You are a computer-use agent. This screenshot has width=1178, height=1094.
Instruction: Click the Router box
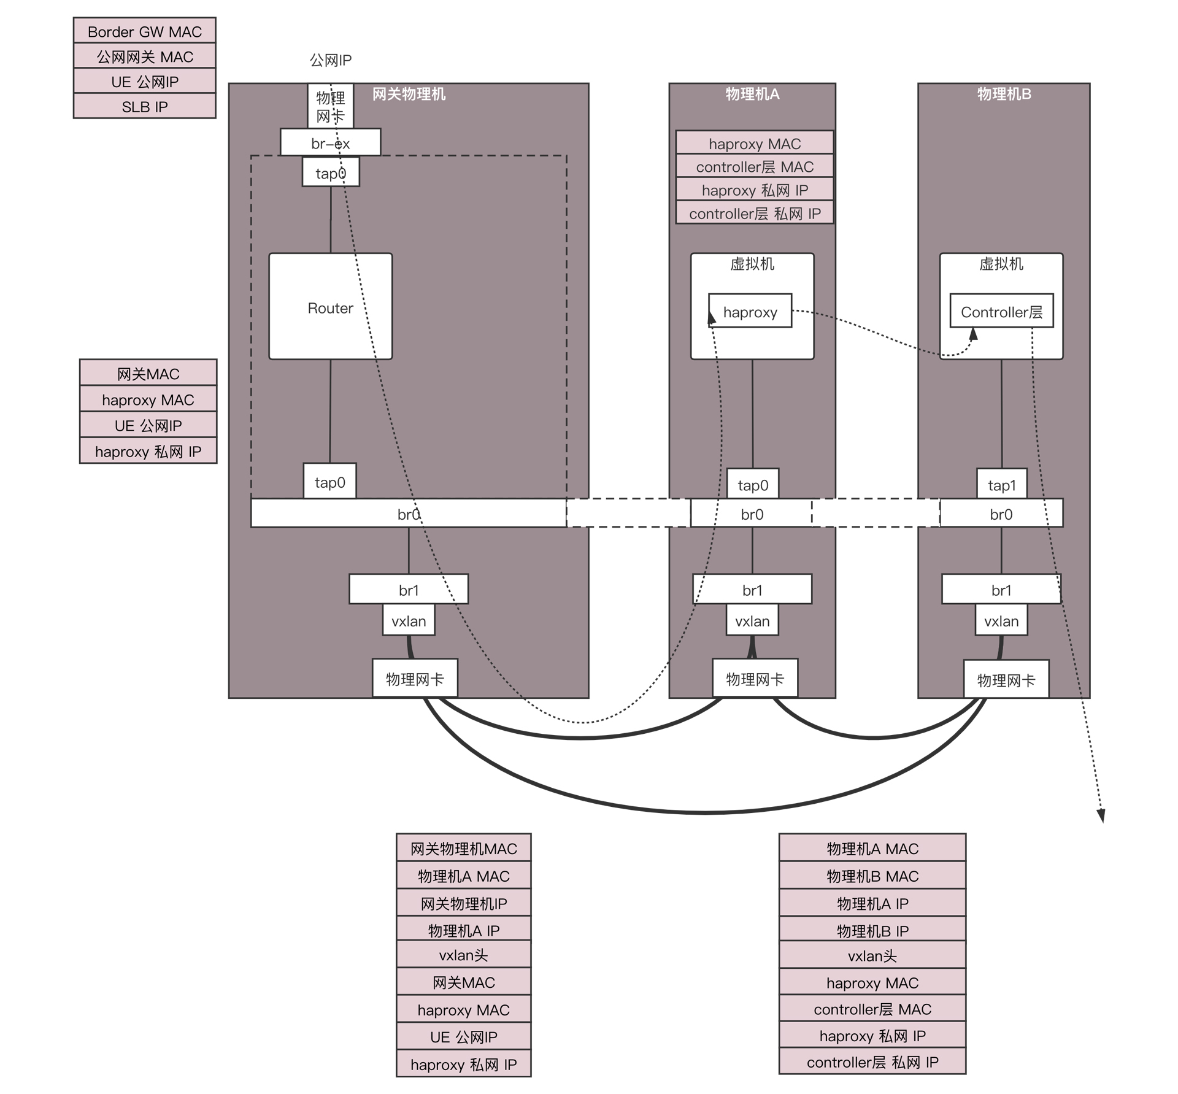[330, 306]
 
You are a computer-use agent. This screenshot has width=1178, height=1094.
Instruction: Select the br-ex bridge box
[330, 142]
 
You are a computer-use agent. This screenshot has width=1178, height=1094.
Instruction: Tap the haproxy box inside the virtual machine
[750, 311]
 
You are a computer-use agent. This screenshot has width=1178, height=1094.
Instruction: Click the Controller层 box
[1001, 311]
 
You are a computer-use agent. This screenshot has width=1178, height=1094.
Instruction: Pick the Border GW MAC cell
[144, 31]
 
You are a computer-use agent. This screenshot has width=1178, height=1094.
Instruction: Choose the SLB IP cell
[144, 106]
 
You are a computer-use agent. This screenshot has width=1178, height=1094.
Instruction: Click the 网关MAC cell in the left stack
[148, 373]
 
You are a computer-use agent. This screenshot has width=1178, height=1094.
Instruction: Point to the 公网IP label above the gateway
[330, 60]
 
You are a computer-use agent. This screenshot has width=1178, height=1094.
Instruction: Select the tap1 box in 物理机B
[1001, 484]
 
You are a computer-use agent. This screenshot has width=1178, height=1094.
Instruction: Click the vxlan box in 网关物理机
[409, 620]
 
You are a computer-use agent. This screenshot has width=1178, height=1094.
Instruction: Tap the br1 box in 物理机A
[752, 590]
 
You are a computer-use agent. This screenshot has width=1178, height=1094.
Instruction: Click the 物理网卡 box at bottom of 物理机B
[1006, 679]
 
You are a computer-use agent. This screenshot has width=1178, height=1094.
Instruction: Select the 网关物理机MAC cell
[463, 848]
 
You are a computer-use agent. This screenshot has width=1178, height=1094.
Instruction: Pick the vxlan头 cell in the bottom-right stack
[872, 955]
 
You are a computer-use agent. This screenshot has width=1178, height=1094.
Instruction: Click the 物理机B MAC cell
[872, 876]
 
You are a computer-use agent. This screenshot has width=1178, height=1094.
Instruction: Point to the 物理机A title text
[752, 94]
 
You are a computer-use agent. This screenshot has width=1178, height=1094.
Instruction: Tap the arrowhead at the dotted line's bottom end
[1101, 816]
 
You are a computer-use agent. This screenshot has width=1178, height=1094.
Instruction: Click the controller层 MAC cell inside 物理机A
[755, 166]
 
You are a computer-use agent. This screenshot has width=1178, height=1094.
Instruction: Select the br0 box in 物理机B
[1001, 514]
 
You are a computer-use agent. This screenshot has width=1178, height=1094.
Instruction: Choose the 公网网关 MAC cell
[144, 56]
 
